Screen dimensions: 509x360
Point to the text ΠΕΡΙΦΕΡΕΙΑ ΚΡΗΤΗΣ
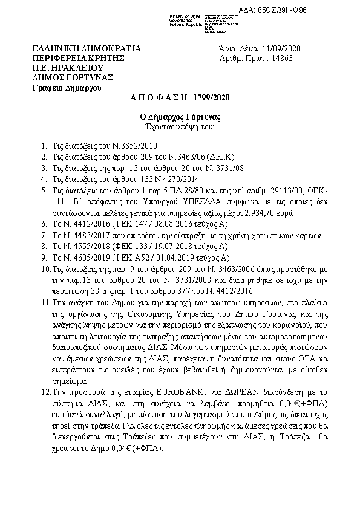[x=78, y=58]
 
